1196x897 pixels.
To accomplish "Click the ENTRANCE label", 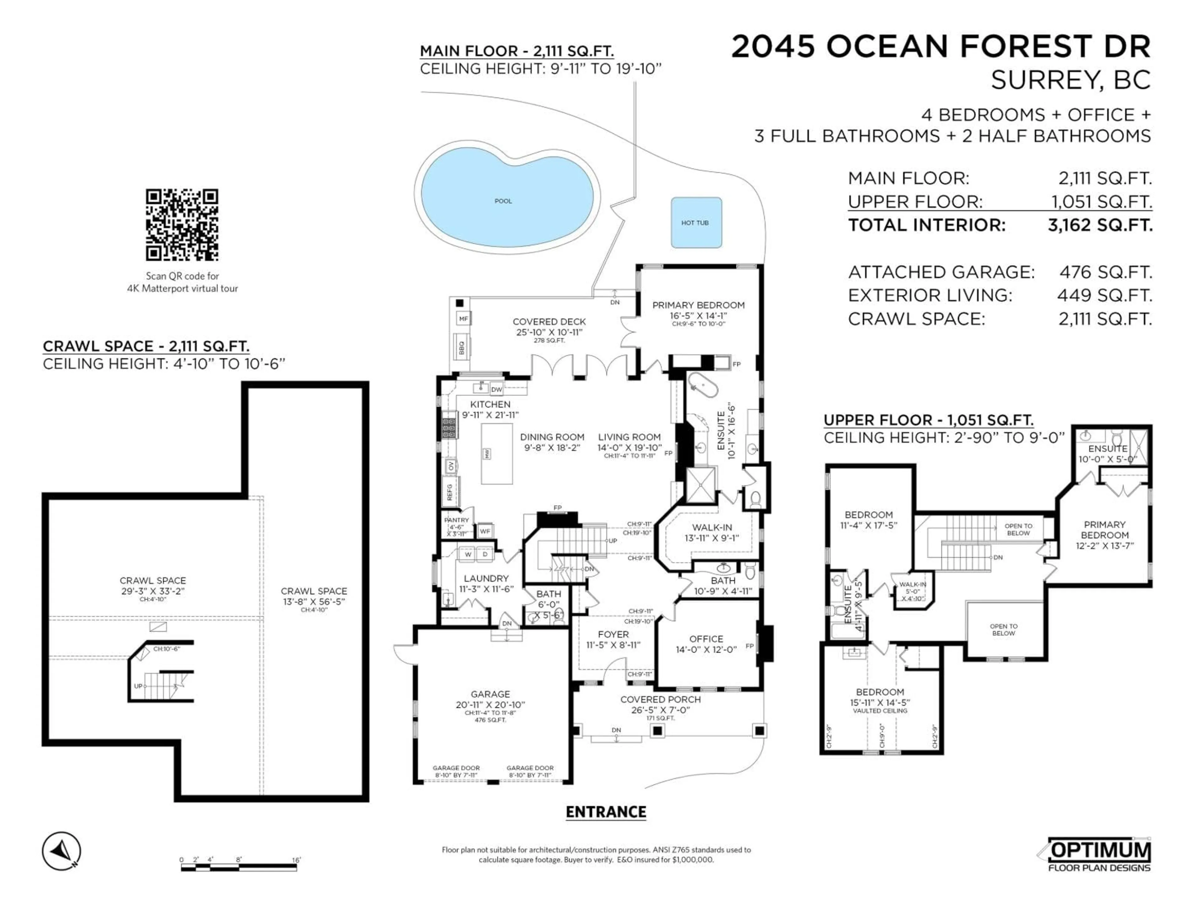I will click(x=605, y=812).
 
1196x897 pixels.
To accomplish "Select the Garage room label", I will click(x=490, y=694).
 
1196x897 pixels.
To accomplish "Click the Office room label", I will click(x=705, y=639).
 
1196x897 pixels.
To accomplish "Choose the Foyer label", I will click(x=613, y=634).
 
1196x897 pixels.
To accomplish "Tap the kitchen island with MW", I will click(x=497, y=453).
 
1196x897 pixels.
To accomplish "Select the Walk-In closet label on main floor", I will click(x=712, y=527).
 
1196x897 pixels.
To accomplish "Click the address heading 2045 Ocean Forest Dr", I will click(x=941, y=46).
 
